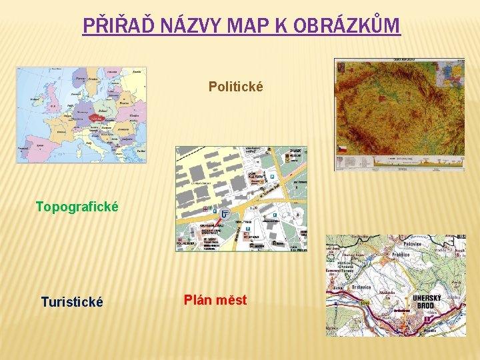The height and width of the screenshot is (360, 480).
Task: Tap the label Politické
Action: tap(235, 87)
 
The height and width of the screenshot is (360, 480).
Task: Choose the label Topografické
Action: tap(77, 207)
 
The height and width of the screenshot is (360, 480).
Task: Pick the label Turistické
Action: tap(72, 302)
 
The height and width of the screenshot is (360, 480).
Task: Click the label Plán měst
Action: tap(215, 300)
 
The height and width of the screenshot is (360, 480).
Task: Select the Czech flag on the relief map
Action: tap(343, 147)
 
